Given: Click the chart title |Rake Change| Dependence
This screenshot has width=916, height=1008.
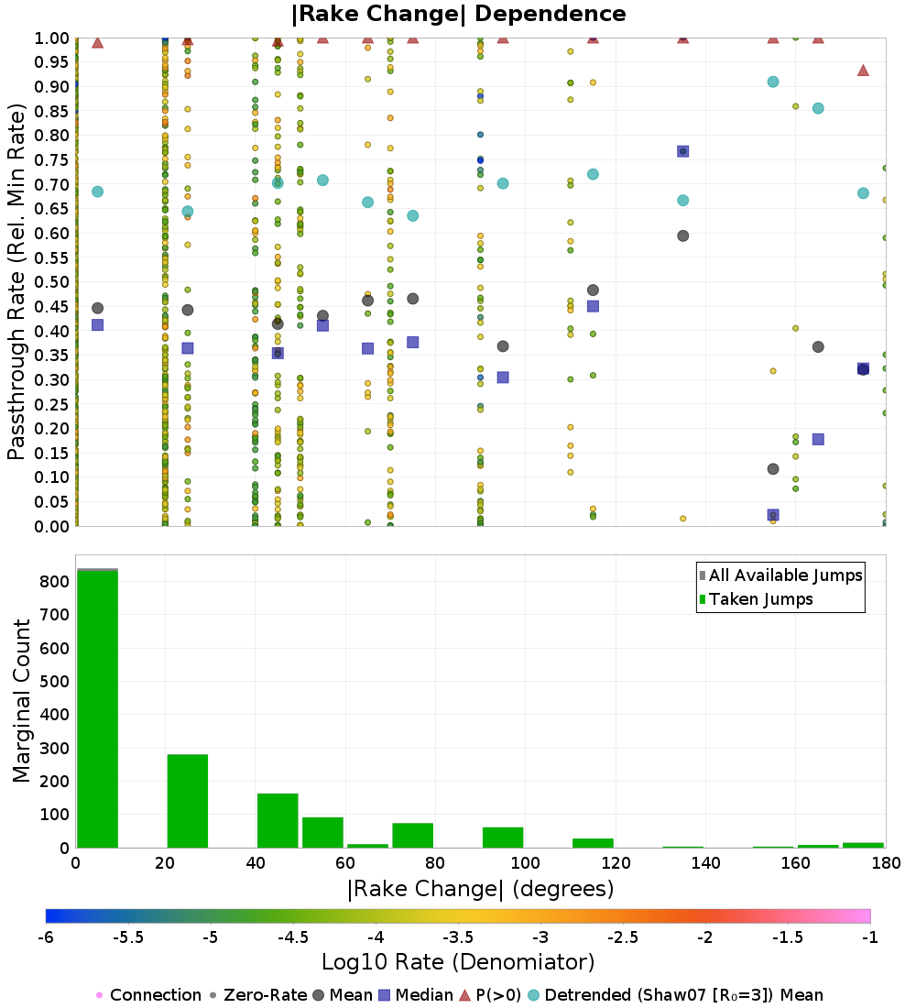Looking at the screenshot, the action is (458, 14).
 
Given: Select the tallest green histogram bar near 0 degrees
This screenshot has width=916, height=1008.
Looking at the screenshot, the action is (98, 708).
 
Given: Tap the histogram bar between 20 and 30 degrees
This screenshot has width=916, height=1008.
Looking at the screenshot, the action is (188, 801).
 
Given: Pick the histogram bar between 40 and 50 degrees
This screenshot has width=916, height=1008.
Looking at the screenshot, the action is (278, 821).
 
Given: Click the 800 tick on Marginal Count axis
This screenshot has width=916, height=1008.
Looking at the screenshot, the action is (55, 582).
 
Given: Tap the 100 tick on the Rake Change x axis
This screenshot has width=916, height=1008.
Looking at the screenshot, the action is (526, 862).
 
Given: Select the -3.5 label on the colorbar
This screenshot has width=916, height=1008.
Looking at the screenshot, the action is (458, 937).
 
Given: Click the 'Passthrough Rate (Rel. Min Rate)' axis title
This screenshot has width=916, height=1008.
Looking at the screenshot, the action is (16, 281).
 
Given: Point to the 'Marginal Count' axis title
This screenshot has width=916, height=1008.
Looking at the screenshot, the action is (21, 701).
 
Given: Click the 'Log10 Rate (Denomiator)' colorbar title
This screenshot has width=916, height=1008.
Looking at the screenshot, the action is (458, 962).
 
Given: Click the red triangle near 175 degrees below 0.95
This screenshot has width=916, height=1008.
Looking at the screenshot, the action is (863, 70).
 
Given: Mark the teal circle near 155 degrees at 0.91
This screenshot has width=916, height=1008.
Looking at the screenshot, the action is (773, 82).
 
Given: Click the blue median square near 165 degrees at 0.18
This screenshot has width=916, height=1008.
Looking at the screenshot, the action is (818, 440).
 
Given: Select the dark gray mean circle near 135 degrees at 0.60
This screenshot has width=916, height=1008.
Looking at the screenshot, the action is (683, 236).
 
